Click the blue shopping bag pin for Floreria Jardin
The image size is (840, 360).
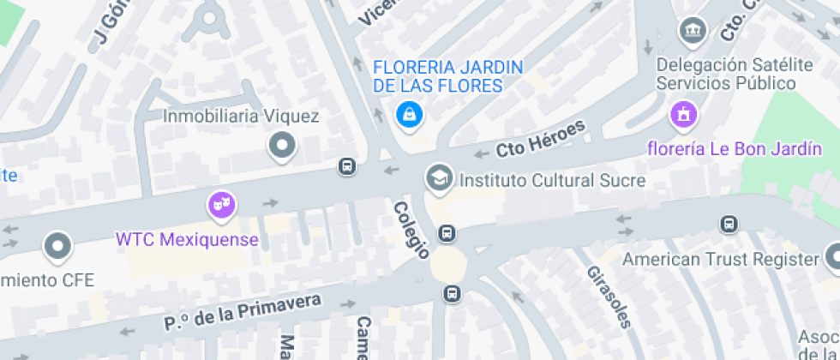pyautogui.click(x=409, y=114)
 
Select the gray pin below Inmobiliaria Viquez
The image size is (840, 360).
pyautogui.click(x=282, y=147)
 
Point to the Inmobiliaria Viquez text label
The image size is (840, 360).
pyautogui.click(x=241, y=117)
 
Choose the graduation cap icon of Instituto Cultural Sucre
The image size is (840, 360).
pyautogui.click(x=439, y=178)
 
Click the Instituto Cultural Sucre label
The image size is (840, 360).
pyautogui.click(x=552, y=181)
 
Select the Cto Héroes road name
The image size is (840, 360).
pyautogui.click(x=540, y=139)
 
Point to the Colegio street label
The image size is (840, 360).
pyautogui.click(x=411, y=230)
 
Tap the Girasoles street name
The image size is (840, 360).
pyautogui.click(x=609, y=296)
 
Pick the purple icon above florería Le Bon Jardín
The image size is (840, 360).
pyautogui.click(x=683, y=113)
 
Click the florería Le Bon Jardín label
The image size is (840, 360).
pyautogui.click(x=734, y=149)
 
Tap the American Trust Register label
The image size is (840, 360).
pyautogui.click(x=721, y=259)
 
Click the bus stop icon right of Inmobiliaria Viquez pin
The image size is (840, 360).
pyautogui.click(x=347, y=166)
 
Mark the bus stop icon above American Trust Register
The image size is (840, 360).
pyautogui.click(x=729, y=224)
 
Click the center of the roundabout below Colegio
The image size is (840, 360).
pyautogui.click(x=447, y=265)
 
